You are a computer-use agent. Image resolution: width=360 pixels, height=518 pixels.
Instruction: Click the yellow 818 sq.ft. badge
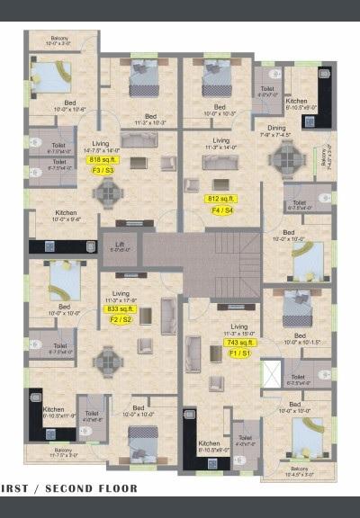click(101, 160)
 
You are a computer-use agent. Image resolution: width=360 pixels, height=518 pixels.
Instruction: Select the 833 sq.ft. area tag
click(120, 309)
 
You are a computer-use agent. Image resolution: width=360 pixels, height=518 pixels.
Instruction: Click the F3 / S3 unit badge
click(101, 170)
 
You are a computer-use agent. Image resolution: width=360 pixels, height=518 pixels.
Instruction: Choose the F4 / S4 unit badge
click(221, 210)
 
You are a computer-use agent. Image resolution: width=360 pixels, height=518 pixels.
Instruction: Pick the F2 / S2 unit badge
click(120, 319)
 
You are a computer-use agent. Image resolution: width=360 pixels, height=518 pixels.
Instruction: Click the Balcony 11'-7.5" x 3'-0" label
click(62, 452)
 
